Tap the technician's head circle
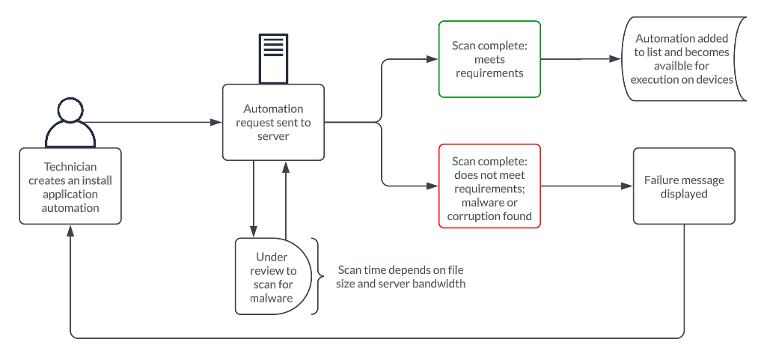(70, 111)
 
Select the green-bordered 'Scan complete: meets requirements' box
(489, 59)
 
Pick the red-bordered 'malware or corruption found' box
(489, 184)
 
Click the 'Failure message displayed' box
(684, 186)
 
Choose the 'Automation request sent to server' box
(273, 121)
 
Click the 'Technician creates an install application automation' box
(70, 186)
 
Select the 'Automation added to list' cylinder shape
(682, 59)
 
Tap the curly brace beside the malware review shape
(317, 276)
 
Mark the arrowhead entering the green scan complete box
(433, 59)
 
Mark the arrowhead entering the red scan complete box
(433, 184)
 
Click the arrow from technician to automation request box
(157, 121)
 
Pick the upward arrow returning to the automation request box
(285, 198)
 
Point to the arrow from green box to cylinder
(580, 59)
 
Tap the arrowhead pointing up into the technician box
(70, 231)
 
